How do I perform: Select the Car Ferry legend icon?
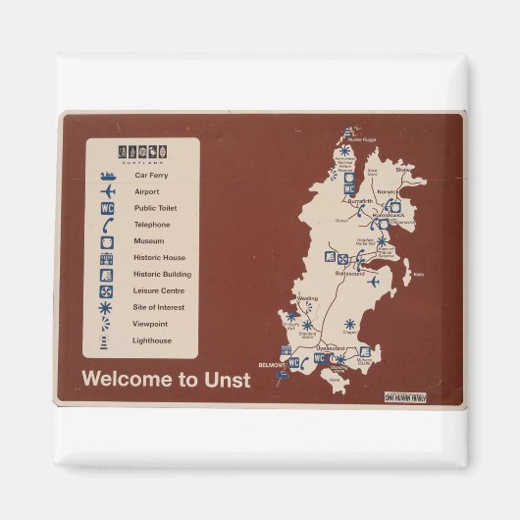[x=108, y=175]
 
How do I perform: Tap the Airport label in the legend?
[x=146, y=191]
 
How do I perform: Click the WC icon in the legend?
[x=108, y=208]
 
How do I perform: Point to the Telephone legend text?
[x=152, y=225]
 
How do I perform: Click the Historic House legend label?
[x=159, y=258]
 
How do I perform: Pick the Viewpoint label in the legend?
[x=150, y=324]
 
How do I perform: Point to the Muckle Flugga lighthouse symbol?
[x=348, y=131]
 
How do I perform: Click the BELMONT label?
[x=269, y=364]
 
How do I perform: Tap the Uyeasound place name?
[x=331, y=347]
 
